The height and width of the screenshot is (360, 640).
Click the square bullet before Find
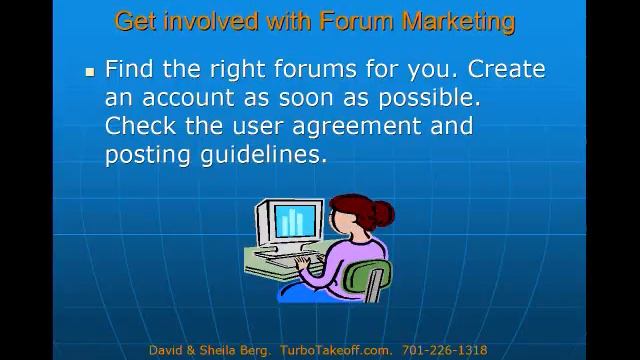[89, 72]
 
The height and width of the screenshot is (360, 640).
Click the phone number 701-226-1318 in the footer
[444, 350]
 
